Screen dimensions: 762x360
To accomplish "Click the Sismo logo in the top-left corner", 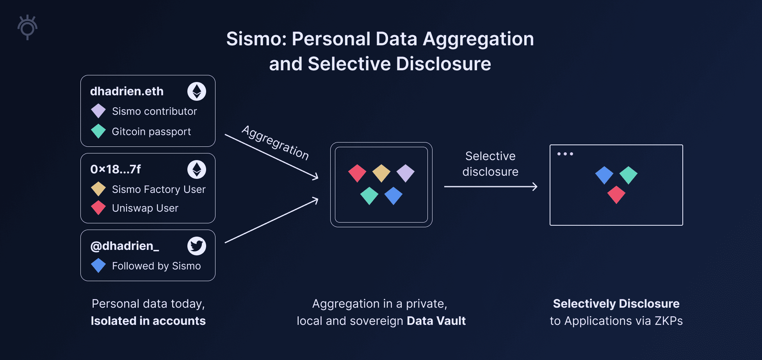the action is pyautogui.click(x=27, y=27).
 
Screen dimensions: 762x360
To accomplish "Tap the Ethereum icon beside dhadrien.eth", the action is pyautogui.click(x=197, y=91).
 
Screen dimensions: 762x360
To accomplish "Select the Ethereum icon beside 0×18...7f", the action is pyautogui.click(x=197, y=169).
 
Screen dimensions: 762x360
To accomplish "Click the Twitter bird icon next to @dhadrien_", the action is pyautogui.click(x=197, y=246).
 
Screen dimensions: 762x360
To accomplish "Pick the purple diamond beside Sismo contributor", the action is pyautogui.click(x=98, y=111).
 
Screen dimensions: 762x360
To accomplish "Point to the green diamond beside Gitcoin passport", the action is pyautogui.click(x=98, y=131).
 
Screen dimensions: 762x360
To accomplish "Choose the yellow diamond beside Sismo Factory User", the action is pyautogui.click(x=98, y=189).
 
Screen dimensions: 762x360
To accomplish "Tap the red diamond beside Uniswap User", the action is pyautogui.click(x=98, y=208).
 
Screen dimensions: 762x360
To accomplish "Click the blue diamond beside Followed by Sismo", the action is pyautogui.click(x=98, y=266).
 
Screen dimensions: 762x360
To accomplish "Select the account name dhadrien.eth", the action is pyautogui.click(x=127, y=91).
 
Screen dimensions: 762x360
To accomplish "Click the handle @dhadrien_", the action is pyautogui.click(x=125, y=246).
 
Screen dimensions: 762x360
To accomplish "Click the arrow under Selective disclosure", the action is pyautogui.click(x=491, y=187).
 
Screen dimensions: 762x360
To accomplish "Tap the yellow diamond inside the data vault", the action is pyautogui.click(x=381, y=173).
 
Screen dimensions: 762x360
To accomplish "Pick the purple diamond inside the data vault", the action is pyautogui.click(x=406, y=173).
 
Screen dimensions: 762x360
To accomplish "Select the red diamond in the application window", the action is pyautogui.click(x=616, y=195).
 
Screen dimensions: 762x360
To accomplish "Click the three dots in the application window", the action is pyautogui.click(x=565, y=154).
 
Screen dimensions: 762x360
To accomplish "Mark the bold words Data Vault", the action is pyautogui.click(x=436, y=321).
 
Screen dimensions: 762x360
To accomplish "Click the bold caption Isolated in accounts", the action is pyautogui.click(x=148, y=321).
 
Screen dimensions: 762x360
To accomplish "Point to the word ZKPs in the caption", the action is pyautogui.click(x=669, y=321).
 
